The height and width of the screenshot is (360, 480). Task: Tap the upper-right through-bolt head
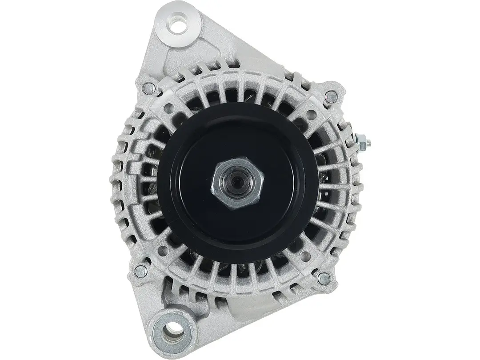330,95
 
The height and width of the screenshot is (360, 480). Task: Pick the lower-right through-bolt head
324,279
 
